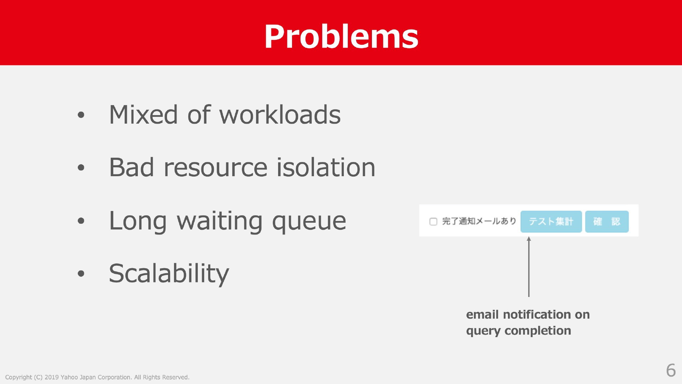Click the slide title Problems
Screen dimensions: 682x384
(341, 36)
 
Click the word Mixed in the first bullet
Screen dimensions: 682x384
(143, 115)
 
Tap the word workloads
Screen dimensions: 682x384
(280, 114)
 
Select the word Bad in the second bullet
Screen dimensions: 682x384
(132, 167)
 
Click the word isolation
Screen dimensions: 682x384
(326, 167)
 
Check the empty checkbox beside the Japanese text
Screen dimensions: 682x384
(433, 222)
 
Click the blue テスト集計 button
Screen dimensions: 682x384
(551, 222)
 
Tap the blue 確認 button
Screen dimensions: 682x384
(607, 222)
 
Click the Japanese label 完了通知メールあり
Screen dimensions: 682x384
(479, 221)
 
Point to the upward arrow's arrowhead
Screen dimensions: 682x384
(529, 239)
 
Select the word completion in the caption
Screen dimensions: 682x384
(538, 331)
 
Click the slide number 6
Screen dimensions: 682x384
(671, 371)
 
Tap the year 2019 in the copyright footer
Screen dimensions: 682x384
(52, 377)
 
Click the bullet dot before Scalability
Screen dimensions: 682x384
(81, 274)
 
